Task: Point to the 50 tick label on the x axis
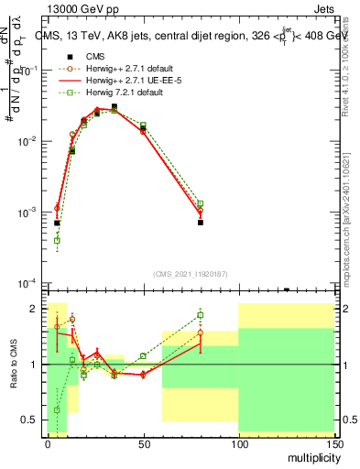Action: pyautogui.click(x=142, y=442)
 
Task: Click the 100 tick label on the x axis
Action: pyautogui.click(x=237, y=442)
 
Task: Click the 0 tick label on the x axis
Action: pyautogui.click(x=48, y=442)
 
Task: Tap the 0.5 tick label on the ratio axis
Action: pyautogui.click(x=30, y=420)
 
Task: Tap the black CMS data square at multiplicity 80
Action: pyautogui.click(x=200, y=223)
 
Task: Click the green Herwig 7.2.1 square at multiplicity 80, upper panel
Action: pyautogui.click(x=200, y=203)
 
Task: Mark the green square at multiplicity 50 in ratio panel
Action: pyautogui.click(x=143, y=355)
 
